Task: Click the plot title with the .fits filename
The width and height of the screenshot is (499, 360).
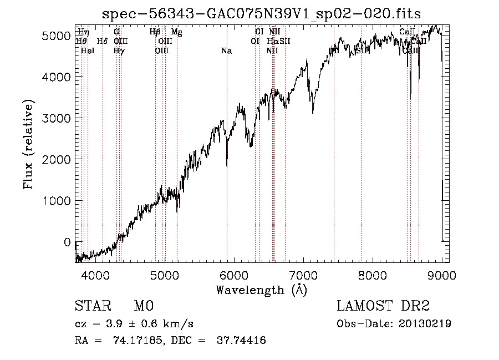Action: click(261, 14)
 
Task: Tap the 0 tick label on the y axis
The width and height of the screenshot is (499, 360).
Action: click(67, 242)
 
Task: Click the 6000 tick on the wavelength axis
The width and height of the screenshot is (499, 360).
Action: click(234, 274)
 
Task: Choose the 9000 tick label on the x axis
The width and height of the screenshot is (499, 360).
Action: click(442, 274)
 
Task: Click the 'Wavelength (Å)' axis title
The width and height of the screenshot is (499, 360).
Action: click(261, 290)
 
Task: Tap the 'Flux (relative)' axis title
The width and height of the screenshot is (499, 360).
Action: click(28, 144)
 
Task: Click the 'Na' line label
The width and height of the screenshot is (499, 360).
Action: click(226, 51)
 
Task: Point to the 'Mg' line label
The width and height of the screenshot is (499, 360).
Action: click(176, 32)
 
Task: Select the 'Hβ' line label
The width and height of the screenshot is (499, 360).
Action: click(155, 32)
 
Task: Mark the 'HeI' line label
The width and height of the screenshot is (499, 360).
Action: click(88, 51)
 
